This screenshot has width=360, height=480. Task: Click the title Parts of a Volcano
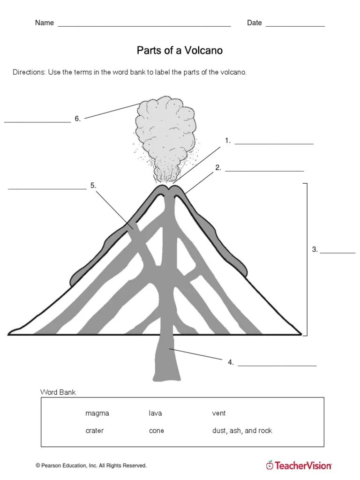(180, 50)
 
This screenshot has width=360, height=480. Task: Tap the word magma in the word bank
(97, 413)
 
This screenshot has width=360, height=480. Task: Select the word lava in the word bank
(155, 413)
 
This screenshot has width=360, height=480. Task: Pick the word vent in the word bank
(219, 413)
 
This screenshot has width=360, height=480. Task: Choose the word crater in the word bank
(95, 430)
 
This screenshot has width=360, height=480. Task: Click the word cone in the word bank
(157, 430)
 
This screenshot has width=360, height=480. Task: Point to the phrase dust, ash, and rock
(242, 430)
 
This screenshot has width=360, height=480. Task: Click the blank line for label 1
(274, 144)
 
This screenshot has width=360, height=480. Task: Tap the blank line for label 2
(264, 171)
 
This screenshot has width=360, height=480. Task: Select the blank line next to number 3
(338, 253)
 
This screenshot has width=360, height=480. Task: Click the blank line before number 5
(47, 189)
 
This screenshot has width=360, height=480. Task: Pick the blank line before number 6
(37, 122)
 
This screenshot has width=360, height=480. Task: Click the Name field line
(144, 26)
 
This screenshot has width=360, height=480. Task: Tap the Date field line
(295, 26)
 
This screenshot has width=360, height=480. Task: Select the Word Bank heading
(58, 391)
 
